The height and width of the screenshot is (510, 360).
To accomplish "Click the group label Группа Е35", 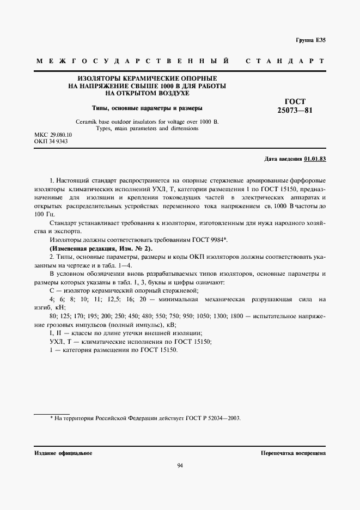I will point(310,41).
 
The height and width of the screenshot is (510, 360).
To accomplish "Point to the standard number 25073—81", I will point(295,111).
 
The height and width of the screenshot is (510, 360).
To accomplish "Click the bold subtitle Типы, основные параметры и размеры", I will point(147,108).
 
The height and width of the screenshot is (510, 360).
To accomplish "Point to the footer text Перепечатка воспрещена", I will point(293,453).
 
